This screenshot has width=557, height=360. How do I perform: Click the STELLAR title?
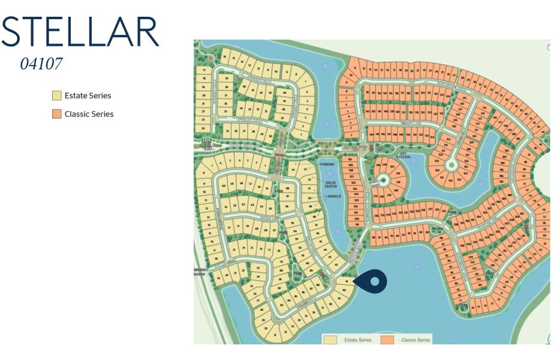(80, 32)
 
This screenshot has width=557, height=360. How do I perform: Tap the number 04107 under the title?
(41, 64)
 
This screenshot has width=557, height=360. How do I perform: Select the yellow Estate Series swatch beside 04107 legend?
(57, 95)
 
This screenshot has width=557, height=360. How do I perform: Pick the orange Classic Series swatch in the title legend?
(57, 114)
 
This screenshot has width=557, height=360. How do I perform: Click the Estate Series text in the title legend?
(88, 95)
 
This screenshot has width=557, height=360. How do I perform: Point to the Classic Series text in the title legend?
(89, 114)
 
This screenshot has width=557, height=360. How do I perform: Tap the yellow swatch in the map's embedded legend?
(330, 340)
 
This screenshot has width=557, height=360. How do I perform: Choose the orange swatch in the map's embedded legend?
(387, 340)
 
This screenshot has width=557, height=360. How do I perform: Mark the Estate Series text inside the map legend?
(357, 340)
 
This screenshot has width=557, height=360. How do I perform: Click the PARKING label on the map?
(327, 164)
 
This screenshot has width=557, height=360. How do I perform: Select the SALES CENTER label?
(330, 185)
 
